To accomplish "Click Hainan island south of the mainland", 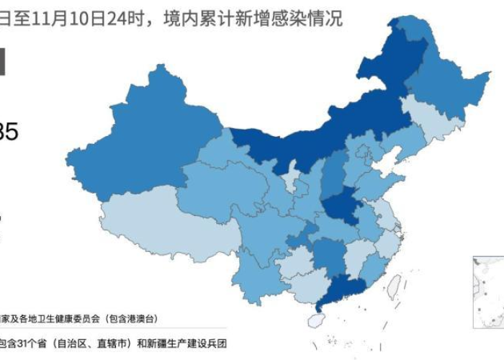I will point(317,320).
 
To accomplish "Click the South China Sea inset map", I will point(488,292).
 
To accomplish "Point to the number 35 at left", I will point(9,132).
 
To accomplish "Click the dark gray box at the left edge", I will point(3,61).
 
